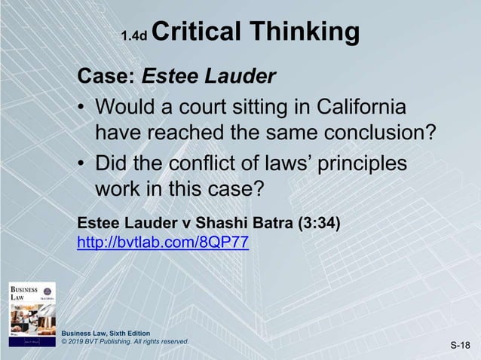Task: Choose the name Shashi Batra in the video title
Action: [243, 223]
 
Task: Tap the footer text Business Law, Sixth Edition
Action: [107, 332]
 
